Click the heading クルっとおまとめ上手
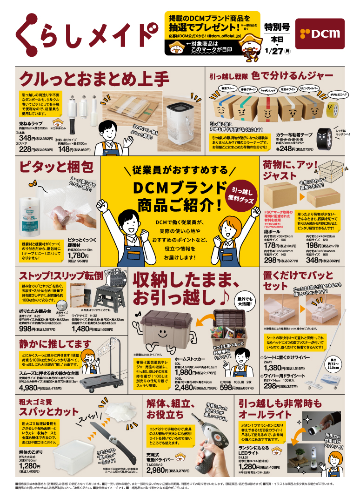93,77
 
